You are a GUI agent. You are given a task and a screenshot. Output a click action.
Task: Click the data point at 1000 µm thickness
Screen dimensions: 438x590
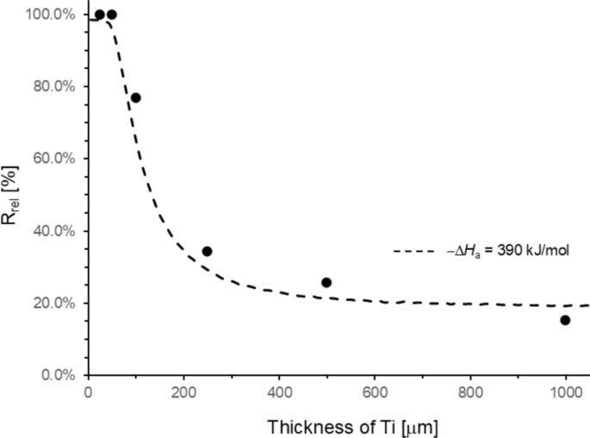(565, 320)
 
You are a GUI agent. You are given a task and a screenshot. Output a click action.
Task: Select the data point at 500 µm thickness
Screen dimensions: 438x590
(326, 283)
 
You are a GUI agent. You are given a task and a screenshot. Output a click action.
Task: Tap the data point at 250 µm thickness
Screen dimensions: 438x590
(207, 252)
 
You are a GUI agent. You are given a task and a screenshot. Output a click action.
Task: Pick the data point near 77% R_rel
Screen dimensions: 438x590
(135, 97)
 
